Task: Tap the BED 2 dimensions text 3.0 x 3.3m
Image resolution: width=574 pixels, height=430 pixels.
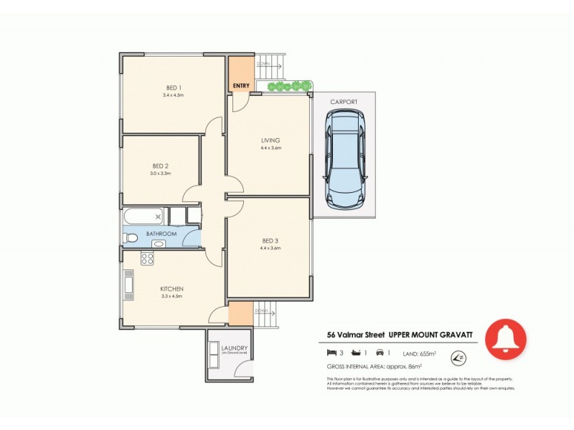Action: [x=159, y=173]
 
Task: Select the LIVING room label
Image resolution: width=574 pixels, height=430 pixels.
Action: [x=270, y=140]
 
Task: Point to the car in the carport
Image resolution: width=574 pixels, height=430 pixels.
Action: [x=345, y=159]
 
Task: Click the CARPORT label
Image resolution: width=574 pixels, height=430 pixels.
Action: [x=344, y=102]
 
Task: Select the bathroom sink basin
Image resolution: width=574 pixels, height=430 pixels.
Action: [x=157, y=244]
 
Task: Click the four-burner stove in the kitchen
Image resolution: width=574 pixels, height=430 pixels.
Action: [x=148, y=259]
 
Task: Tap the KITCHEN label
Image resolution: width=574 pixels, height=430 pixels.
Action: [x=172, y=289]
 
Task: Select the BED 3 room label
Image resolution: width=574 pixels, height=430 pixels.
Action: [x=270, y=241]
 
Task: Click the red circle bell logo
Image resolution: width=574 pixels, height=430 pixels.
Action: [x=506, y=338]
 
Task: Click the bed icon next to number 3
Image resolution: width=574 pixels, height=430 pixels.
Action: [x=331, y=353]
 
